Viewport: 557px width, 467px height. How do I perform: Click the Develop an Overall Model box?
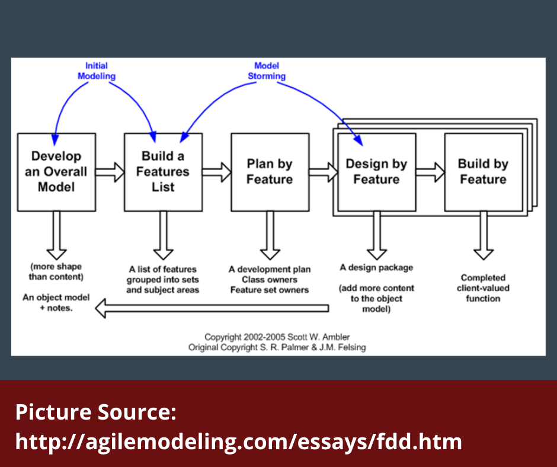[56, 172]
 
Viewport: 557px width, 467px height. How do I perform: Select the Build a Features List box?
[163, 172]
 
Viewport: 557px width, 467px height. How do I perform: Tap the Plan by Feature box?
[270, 172]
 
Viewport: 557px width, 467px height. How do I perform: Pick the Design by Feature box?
[376, 172]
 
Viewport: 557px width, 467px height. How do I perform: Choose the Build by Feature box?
[483, 172]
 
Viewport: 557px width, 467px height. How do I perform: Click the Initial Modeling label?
[97, 71]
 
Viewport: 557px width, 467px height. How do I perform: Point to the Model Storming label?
[266, 71]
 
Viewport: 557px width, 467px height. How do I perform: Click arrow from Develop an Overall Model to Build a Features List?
[110, 172]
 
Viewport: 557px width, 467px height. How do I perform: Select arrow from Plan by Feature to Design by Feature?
[323, 172]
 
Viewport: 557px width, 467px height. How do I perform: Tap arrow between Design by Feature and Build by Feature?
[430, 172]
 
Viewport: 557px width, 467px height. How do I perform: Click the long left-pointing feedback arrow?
[213, 308]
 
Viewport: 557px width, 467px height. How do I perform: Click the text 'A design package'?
[376, 267]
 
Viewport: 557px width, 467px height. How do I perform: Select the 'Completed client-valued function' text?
[483, 288]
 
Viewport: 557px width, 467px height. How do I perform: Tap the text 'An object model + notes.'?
[56, 303]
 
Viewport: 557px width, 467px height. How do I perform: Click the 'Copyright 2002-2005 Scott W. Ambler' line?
[277, 337]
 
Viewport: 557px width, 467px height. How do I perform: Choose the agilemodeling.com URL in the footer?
[238, 442]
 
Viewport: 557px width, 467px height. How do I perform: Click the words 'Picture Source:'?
[96, 412]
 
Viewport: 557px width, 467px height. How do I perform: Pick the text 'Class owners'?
[270, 280]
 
